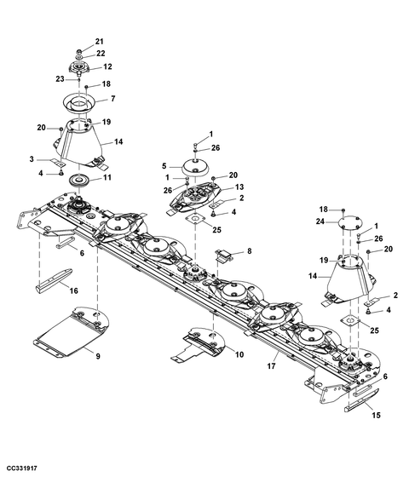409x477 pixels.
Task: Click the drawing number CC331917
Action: click(x=21, y=468)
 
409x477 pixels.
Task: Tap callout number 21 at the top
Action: click(x=99, y=42)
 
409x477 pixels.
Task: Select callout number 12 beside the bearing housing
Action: click(x=107, y=66)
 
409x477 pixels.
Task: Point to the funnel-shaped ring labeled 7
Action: click(x=81, y=103)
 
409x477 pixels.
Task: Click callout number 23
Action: click(x=60, y=79)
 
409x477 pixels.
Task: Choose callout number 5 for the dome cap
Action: click(x=164, y=166)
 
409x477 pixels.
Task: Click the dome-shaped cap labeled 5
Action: click(x=195, y=167)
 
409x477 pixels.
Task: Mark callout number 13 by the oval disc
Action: click(x=239, y=187)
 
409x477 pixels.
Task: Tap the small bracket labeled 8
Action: click(x=225, y=255)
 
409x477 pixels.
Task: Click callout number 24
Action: click(x=320, y=221)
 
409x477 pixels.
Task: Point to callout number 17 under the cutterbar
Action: click(x=271, y=365)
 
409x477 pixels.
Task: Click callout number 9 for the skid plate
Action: click(x=98, y=356)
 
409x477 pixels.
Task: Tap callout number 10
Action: click(x=239, y=354)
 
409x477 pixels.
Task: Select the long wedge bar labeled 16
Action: click(x=54, y=280)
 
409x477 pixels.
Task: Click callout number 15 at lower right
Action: click(x=376, y=415)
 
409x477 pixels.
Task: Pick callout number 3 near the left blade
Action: click(x=32, y=159)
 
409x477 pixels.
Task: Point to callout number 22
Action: click(x=101, y=53)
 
